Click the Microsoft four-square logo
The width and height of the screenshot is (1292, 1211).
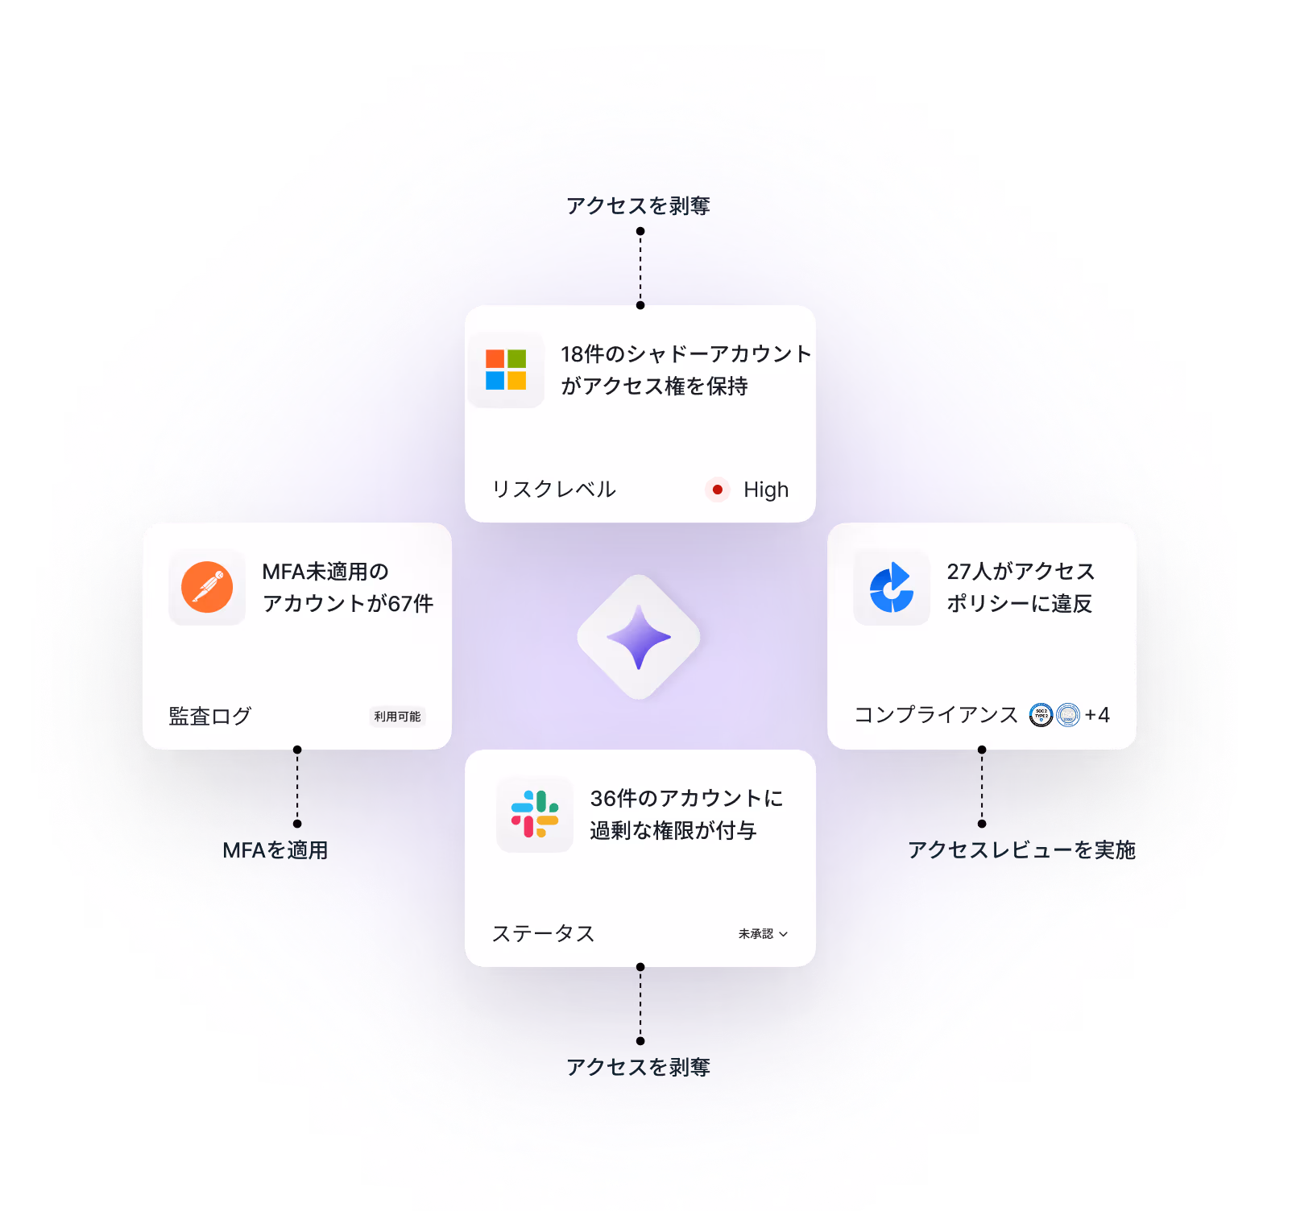tap(506, 370)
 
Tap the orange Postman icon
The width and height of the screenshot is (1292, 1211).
tap(207, 587)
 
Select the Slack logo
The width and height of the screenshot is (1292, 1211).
tap(535, 814)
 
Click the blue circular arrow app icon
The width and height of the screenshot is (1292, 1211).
tap(892, 587)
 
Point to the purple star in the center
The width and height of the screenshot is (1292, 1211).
tap(639, 637)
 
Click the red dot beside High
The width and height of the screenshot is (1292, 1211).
tap(717, 490)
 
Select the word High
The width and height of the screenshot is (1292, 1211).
tap(765, 490)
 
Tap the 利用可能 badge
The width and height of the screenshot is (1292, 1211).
tap(397, 717)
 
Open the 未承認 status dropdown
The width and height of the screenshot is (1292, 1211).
tap(763, 934)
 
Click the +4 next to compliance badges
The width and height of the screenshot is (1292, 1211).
tap(1097, 715)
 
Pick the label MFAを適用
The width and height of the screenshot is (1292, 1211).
tap(275, 850)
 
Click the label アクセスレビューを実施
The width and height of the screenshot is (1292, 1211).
tap(1021, 850)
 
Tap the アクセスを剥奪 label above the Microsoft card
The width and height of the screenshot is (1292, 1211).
tap(638, 206)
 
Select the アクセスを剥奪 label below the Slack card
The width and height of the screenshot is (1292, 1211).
tap(638, 1068)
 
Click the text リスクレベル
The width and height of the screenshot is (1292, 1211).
tap(554, 490)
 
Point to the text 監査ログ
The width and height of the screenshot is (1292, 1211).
tap(210, 716)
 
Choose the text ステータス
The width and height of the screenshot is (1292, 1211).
tap(544, 934)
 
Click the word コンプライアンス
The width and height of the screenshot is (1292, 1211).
tap(936, 715)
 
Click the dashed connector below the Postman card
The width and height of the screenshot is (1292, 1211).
tap(297, 787)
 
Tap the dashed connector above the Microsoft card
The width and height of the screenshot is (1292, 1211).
tap(640, 268)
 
